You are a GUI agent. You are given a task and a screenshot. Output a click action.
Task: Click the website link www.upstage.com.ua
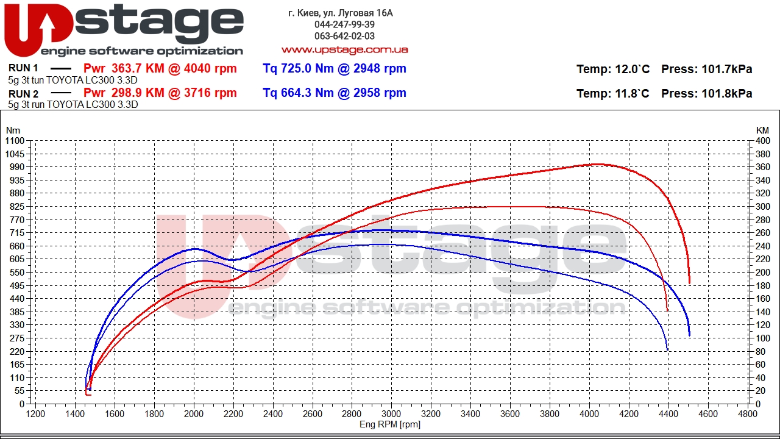344,49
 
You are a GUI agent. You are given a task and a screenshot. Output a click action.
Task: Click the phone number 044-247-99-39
344,24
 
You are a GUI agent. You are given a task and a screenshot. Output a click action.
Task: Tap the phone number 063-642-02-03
344,36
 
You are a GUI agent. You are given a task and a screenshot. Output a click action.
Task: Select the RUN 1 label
24,68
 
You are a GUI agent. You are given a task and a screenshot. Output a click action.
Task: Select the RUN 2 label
24,94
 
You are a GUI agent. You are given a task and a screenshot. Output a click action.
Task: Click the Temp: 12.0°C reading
612,70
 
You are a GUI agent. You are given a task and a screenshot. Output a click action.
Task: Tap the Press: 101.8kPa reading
706,94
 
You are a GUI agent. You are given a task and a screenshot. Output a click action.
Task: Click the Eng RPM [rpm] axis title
390,424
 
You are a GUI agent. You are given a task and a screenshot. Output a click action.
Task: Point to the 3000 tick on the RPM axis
391,413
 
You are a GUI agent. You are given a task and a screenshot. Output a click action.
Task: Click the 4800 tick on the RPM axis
747,413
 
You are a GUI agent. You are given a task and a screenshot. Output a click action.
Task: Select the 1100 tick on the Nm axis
15,141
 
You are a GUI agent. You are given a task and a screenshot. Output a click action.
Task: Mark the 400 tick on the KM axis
762,141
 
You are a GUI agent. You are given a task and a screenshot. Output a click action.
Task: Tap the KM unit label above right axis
762,130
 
